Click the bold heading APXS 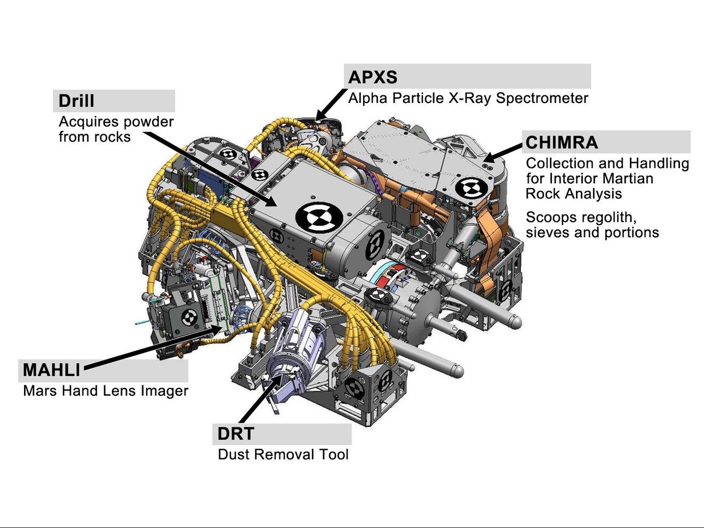(373, 77)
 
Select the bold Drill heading (76, 101)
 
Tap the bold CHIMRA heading (562, 143)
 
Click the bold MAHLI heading (51, 370)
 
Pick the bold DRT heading (236, 434)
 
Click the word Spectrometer (542, 98)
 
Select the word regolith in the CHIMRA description (603, 218)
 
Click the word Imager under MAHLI (164, 391)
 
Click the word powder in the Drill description (146, 122)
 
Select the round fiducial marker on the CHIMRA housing (471, 188)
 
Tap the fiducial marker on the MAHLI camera (188, 317)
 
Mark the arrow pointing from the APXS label (330, 105)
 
